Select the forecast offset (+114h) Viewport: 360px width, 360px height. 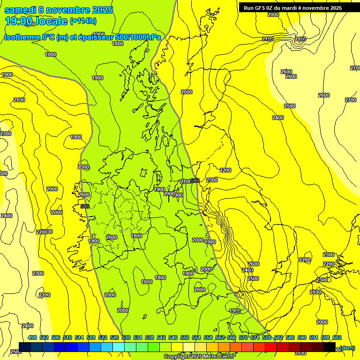(x=83, y=21)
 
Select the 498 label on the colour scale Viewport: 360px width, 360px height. (x=32, y=337)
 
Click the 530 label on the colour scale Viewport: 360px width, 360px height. (x=126, y=337)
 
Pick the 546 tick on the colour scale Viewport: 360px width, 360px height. (x=173, y=337)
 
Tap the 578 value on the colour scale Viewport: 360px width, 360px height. (x=267, y=337)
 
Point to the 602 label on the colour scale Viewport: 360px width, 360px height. (x=337, y=337)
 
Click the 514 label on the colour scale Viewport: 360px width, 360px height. (x=79, y=337)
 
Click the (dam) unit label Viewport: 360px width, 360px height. (x=347, y=347)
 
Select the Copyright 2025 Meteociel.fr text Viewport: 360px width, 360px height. (x=199, y=357)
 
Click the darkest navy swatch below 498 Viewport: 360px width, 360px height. (x=25, y=347)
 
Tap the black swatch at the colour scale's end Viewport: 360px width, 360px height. (x=330, y=347)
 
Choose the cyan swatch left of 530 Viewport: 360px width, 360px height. (x=119, y=347)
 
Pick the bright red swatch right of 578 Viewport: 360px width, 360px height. (x=271, y=347)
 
